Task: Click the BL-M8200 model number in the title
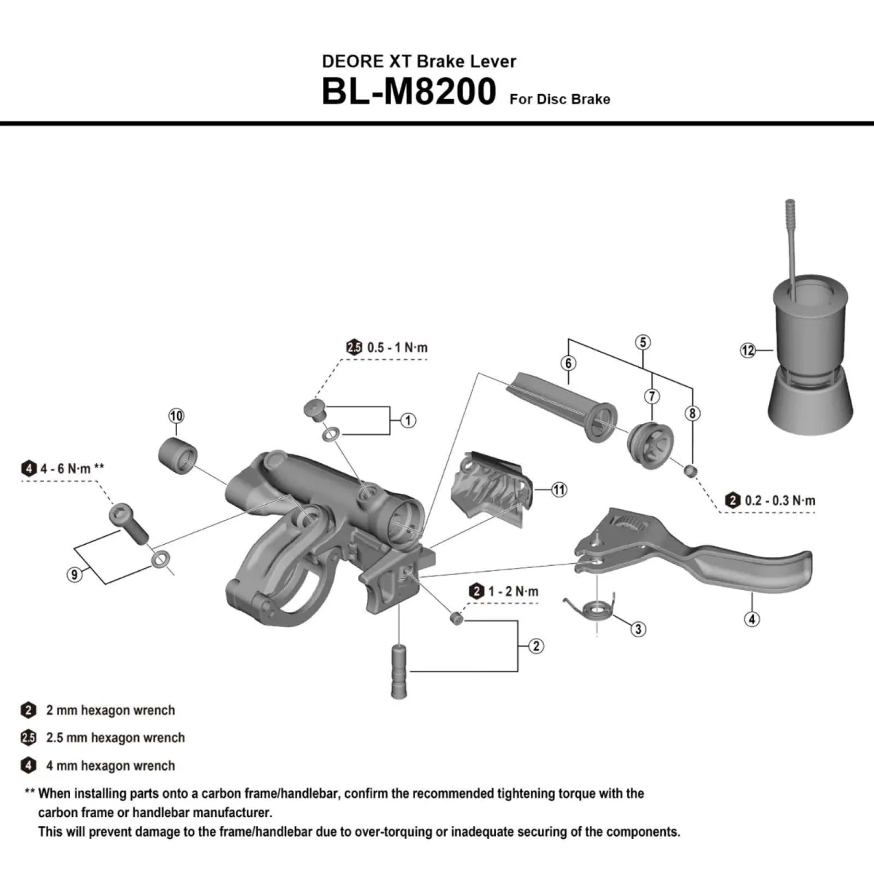[x=409, y=92]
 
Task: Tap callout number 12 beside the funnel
[x=748, y=350]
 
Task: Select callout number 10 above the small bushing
[x=176, y=416]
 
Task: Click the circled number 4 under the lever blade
[x=752, y=619]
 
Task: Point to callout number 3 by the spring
[x=638, y=629]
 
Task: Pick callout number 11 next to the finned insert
[x=559, y=489]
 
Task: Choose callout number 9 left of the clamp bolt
[x=74, y=575]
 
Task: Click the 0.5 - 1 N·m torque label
[x=397, y=347]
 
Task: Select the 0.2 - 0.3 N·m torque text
[x=779, y=500]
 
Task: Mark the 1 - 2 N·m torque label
[x=513, y=591]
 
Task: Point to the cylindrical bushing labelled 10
[x=177, y=454]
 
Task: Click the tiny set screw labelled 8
[x=689, y=471]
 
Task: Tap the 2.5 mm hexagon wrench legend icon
[x=28, y=738]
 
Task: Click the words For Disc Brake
[x=559, y=99]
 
